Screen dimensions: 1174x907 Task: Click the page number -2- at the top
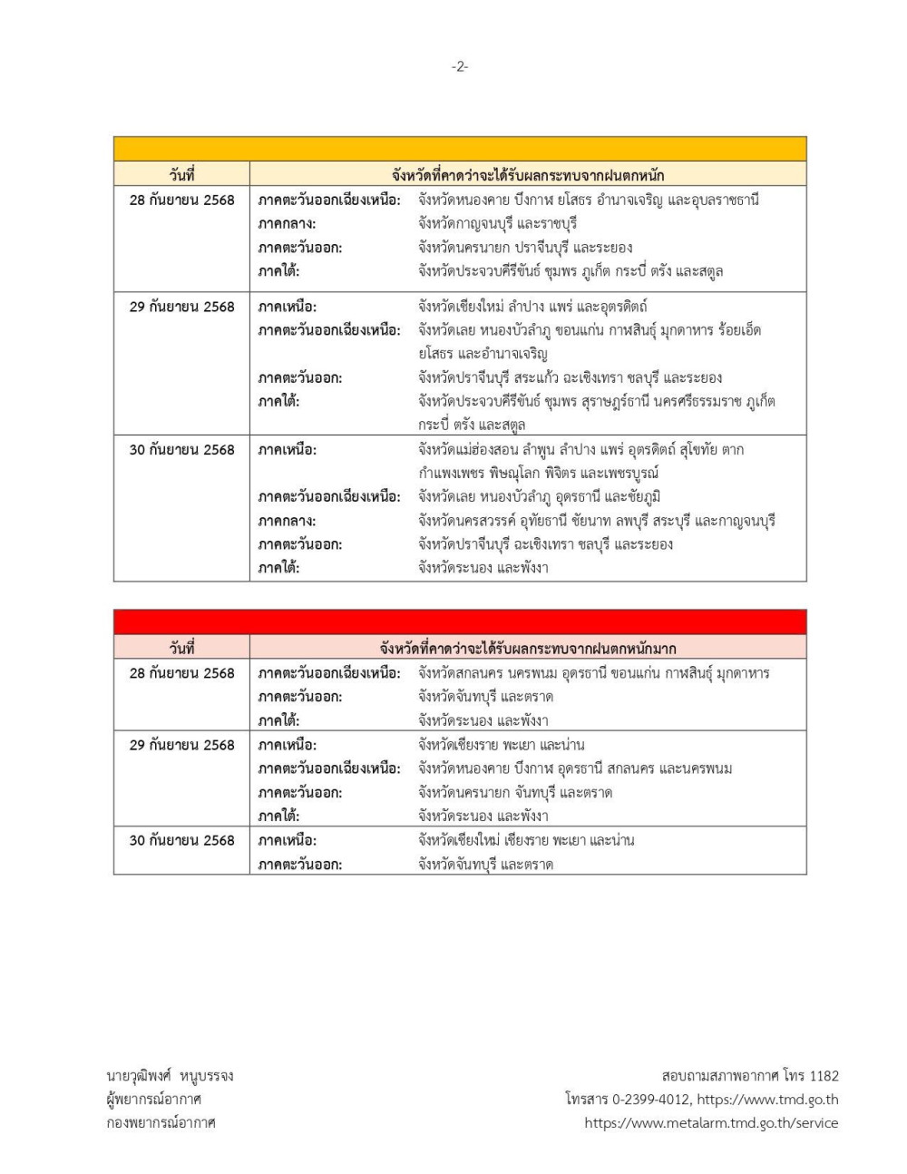point(460,66)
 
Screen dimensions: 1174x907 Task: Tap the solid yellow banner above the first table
point(460,149)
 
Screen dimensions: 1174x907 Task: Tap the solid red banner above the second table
point(460,622)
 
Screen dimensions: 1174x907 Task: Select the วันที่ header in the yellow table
point(181,175)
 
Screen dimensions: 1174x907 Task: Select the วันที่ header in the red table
point(181,648)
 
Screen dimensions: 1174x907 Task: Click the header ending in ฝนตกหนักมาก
point(528,648)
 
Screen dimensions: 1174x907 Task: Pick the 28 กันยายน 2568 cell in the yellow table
point(181,200)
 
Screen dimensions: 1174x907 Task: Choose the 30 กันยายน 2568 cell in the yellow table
point(181,449)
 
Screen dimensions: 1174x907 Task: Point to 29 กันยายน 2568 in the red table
point(181,745)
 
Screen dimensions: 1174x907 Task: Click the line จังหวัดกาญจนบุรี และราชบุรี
point(498,223)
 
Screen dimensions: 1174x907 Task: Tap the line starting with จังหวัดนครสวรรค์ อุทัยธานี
point(597,521)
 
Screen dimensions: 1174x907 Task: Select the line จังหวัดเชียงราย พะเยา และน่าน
point(502,745)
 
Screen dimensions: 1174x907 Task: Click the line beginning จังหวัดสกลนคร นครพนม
point(594,673)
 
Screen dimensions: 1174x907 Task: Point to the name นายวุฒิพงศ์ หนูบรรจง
point(170,1075)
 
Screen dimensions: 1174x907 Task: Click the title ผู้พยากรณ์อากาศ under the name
point(153,1099)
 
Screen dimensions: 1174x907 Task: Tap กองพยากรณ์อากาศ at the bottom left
point(161,1122)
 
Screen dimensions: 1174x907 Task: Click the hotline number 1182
point(824,1075)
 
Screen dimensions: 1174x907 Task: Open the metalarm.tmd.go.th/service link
point(711,1122)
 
